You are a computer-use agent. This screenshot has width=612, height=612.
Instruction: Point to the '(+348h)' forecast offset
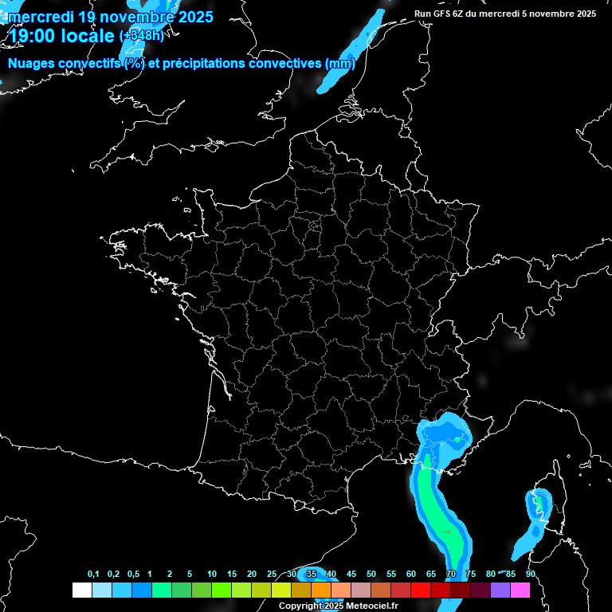(142, 36)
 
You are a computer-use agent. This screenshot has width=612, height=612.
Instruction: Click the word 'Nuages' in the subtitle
(33, 64)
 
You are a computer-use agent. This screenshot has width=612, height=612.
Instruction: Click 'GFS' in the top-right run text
(441, 14)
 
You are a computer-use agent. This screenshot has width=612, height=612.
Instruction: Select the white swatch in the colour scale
(81, 590)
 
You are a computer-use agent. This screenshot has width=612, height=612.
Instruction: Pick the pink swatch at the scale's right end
(520, 590)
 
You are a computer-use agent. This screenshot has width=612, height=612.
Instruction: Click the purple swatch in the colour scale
(500, 590)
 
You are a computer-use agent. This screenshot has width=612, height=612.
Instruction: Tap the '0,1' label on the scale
(93, 575)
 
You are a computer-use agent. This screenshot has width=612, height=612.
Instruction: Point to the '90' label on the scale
(530, 575)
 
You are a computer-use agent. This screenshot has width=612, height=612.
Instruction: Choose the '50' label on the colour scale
(371, 575)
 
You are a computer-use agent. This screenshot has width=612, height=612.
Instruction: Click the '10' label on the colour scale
(212, 575)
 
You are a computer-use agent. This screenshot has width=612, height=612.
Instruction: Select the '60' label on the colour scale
(411, 575)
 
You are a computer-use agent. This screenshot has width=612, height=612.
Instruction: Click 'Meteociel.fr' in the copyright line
(371, 606)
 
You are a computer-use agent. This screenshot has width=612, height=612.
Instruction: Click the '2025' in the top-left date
(190, 16)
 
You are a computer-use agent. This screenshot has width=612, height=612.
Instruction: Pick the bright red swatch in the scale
(421, 590)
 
